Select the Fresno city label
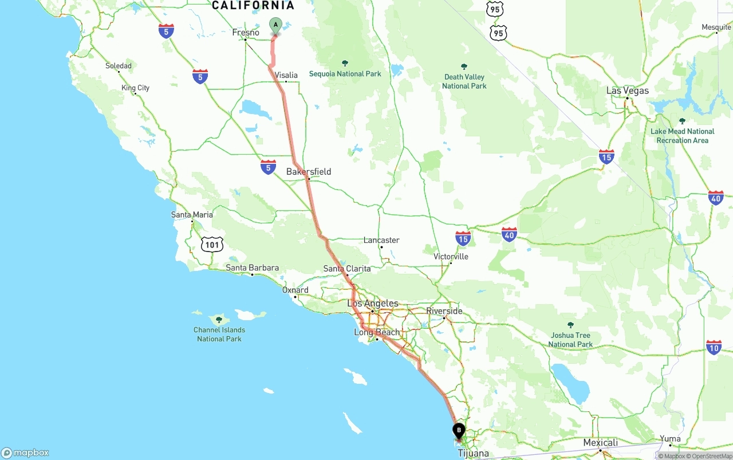(x=246, y=33)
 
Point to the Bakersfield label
(x=309, y=172)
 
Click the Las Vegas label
(x=628, y=91)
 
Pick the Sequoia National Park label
(x=345, y=73)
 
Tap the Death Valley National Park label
(x=464, y=81)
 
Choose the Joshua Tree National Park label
(x=570, y=340)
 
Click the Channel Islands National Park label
(x=219, y=334)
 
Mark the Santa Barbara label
(x=252, y=268)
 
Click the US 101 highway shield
(x=212, y=245)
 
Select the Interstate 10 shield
(x=714, y=347)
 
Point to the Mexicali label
(x=600, y=443)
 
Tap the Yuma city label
(x=670, y=439)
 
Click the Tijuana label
(x=473, y=454)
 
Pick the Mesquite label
(x=716, y=27)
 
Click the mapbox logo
(x=25, y=453)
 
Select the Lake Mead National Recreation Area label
(x=682, y=136)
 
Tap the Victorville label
(x=451, y=257)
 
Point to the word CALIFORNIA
(x=253, y=6)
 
